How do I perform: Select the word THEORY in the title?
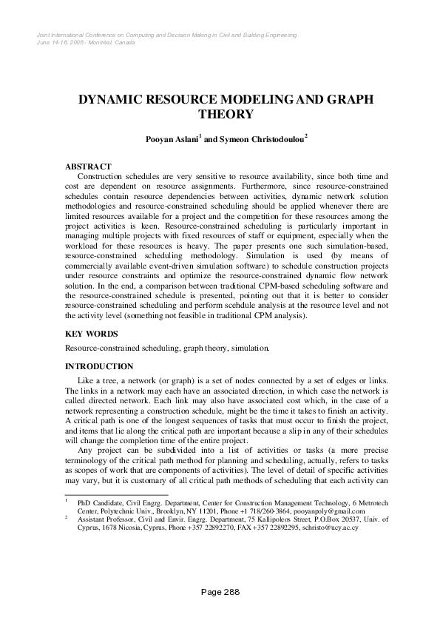point(226,114)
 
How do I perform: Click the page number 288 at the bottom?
point(231,591)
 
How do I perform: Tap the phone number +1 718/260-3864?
point(265,511)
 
